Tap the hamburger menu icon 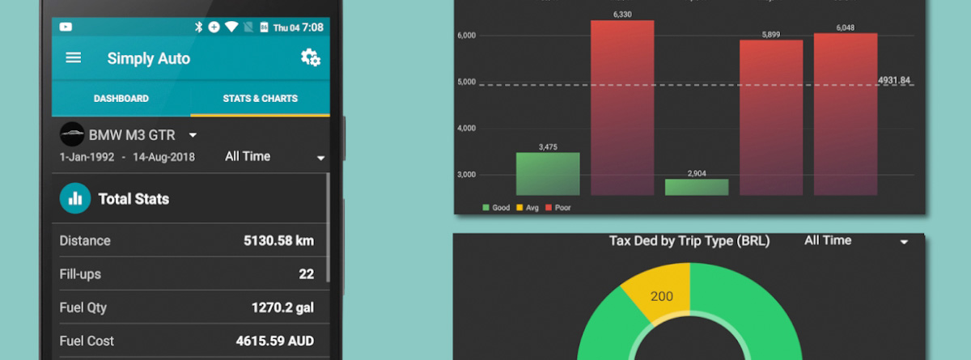pos(74,58)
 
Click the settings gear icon pos(310,57)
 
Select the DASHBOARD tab pos(121,99)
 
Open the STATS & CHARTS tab pos(260,99)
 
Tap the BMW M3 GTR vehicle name pos(132,134)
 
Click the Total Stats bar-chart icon pos(75,198)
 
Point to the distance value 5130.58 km pos(278,241)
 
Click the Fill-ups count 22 pos(306,274)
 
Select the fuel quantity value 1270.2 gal pos(282,307)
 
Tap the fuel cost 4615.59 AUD pos(274,341)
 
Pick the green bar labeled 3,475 pos(548,174)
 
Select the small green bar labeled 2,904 pos(697,187)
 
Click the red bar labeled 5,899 pos(771,117)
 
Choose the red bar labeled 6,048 pos(846,114)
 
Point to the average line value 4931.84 pos(894,80)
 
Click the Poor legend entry pos(558,208)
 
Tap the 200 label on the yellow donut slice pos(662,296)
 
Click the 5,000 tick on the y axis pos(467,82)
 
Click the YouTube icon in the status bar pos(66,27)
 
